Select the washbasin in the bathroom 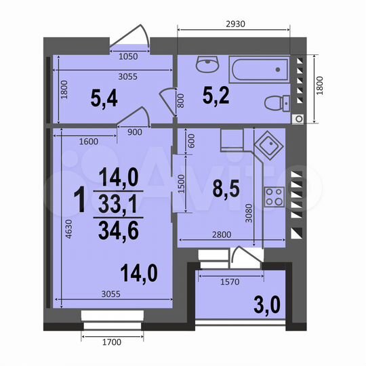pyautogui.click(x=205, y=65)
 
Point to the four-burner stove pyautogui.click(x=273, y=196)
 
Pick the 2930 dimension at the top pyautogui.click(x=233, y=22)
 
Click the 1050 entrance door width pyautogui.click(x=129, y=56)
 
